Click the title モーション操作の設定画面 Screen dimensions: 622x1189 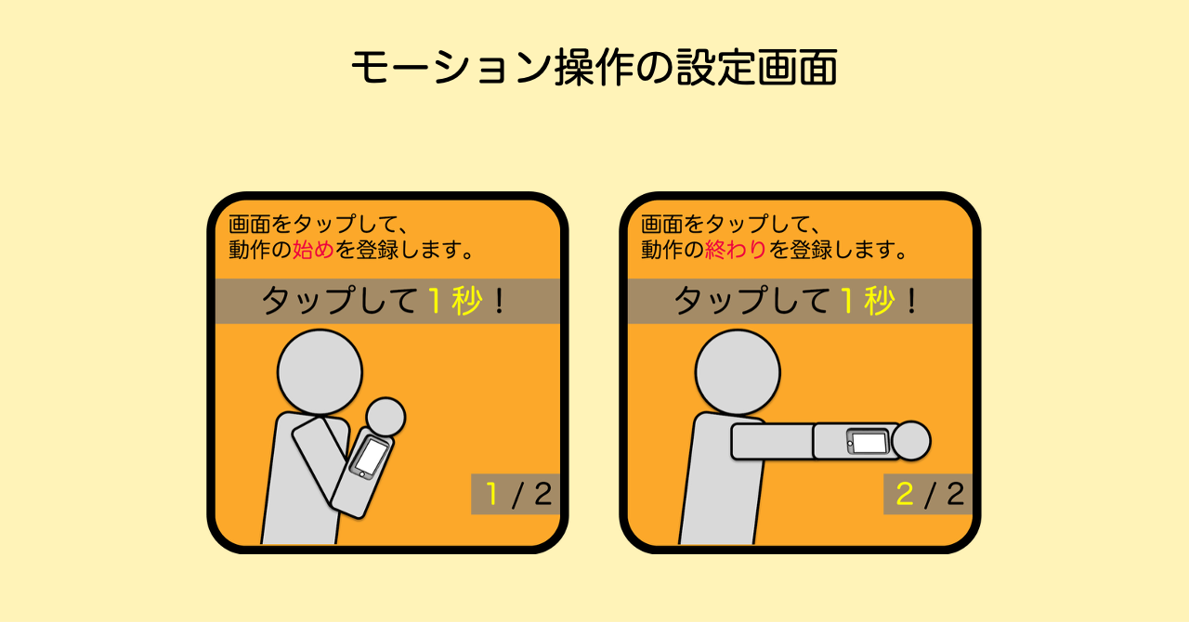(594, 68)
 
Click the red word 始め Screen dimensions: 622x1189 (313, 250)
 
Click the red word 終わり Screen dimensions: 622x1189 (736, 250)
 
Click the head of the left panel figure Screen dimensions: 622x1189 (320, 372)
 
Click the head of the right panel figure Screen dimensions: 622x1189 (738, 372)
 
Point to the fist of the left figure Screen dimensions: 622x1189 (385, 416)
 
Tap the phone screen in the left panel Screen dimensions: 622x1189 (371, 456)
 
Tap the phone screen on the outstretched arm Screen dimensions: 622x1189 (869, 443)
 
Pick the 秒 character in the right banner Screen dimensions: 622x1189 (879, 301)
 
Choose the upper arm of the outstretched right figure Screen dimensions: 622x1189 (771, 441)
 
